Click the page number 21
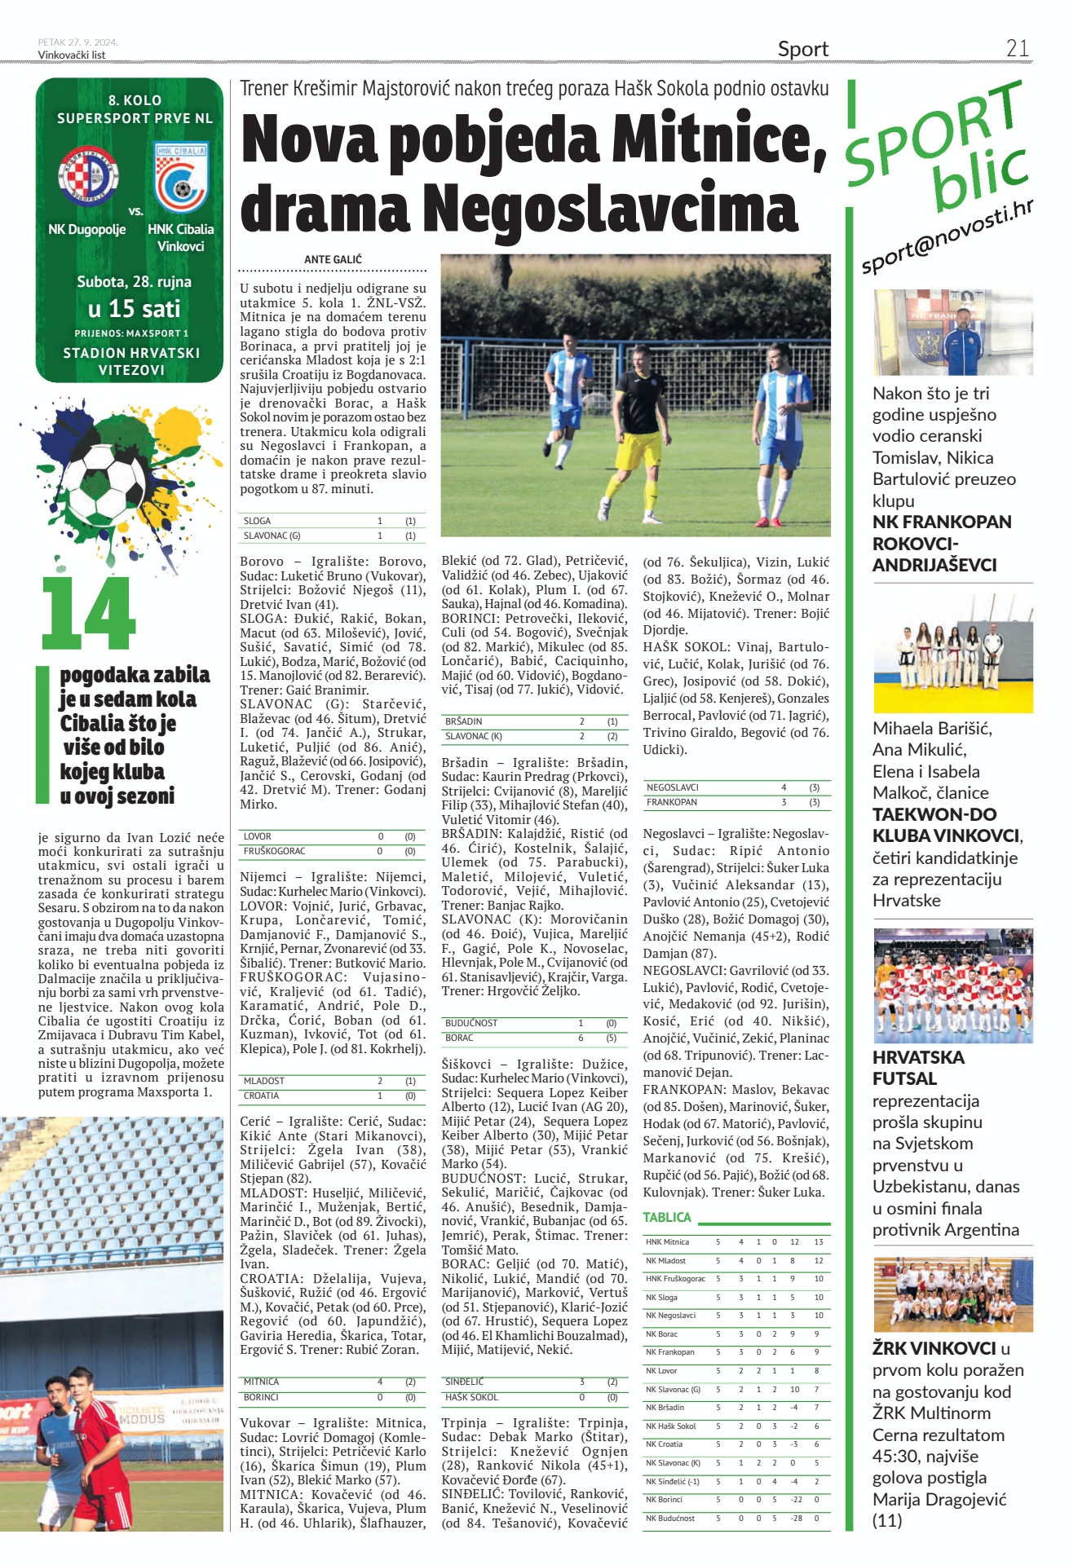pos(1017,49)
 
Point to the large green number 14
pos(88,613)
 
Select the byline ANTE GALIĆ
pos(333,259)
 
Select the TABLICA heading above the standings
pos(667,1217)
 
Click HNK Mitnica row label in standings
pos(668,1242)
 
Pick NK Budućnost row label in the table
pos(670,1519)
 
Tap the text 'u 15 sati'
pos(134,309)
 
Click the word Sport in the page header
pos(802,50)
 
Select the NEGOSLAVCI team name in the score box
pos(673,787)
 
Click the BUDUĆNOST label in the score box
pos(471,1023)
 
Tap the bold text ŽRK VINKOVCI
pos(934,1348)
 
